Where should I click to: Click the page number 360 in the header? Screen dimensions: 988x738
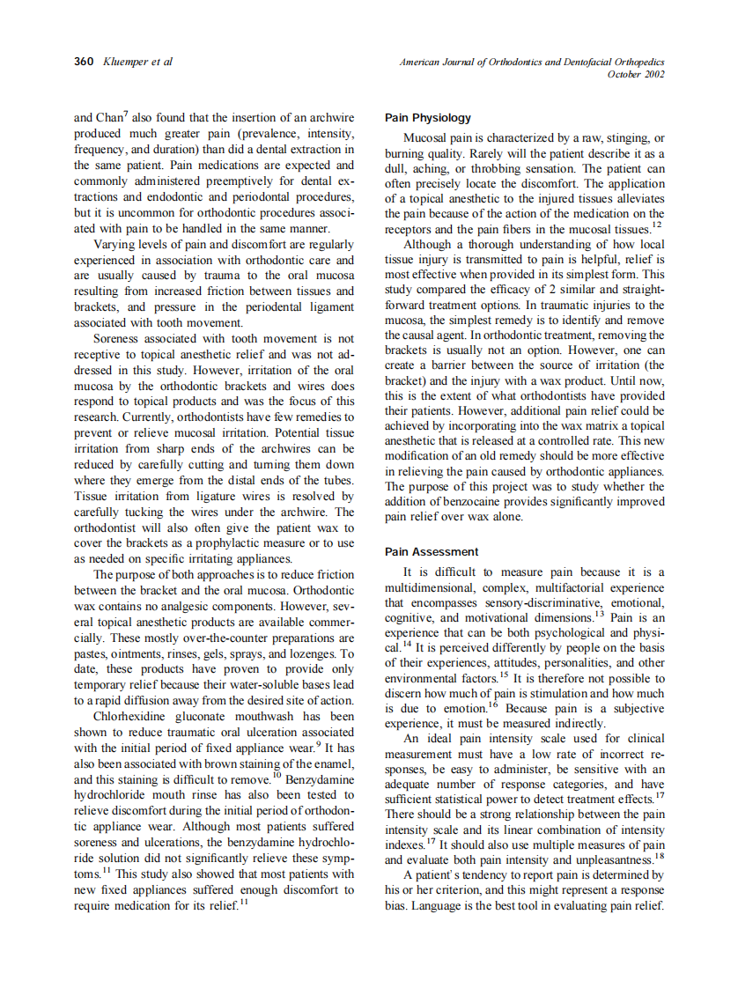(x=85, y=62)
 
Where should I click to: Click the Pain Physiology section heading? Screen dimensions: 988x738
(x=428, y=118)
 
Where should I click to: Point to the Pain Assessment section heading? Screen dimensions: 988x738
(x=432, y=552)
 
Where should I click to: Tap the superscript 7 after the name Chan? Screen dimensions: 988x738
(x=126, y=114)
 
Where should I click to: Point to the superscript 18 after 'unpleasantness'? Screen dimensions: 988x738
(x=658, y=856)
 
